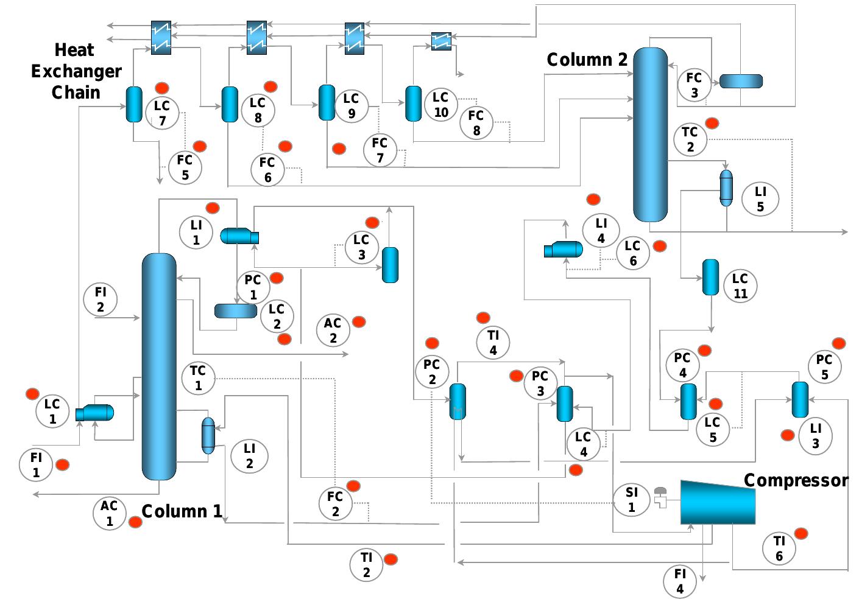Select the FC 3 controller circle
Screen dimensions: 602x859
[x=694, y=85]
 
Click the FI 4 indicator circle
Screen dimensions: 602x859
[x=680, y=581]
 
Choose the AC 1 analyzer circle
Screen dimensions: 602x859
[x=109, y=513]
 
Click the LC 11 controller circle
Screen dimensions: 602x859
[x=740, y=286]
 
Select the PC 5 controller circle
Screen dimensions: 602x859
[x=824, y=367]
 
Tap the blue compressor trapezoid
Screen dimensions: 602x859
[x=718, y=502]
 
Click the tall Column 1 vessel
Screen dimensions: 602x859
[x=159, y=366]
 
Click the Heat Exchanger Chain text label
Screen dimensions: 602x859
[x=76, y=71]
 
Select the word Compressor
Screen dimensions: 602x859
[x=796, y=480]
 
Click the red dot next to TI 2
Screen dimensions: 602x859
[x=391, y=559]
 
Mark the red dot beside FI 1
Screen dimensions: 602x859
[x=62, y=465]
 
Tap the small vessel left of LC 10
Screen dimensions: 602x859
[x=414, y=103]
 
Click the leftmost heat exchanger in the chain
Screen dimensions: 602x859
[x=161, y=38]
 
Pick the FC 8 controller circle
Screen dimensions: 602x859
[x=476, y=122]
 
